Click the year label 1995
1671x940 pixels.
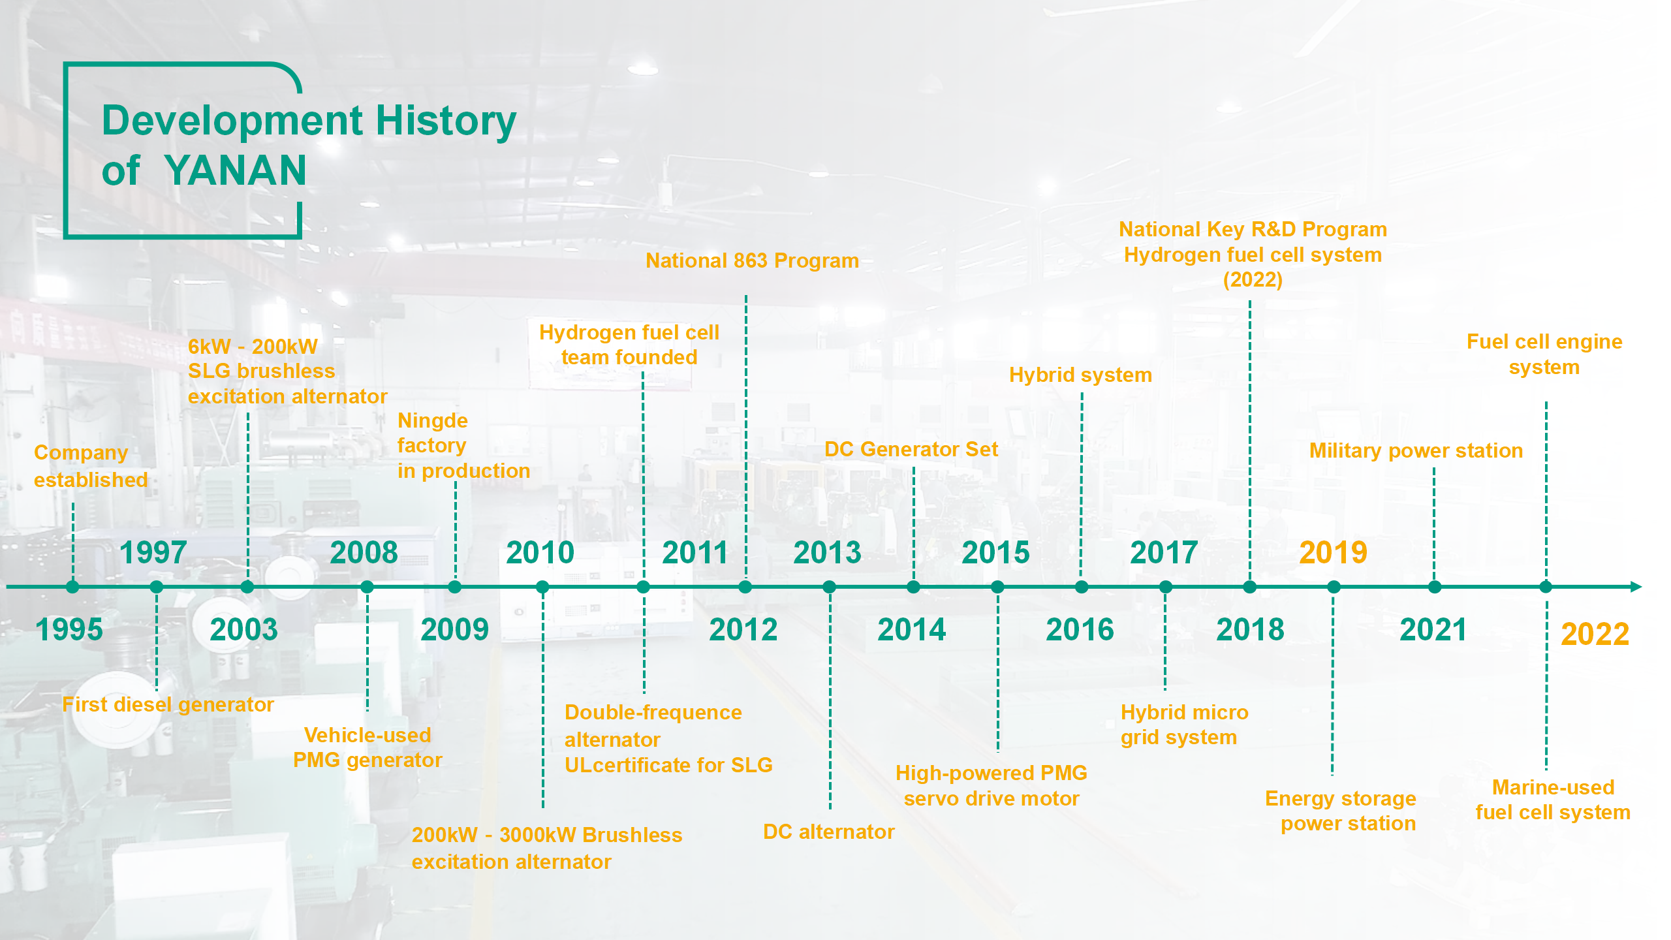coord(69,630)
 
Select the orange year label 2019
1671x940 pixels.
coord(1333,553)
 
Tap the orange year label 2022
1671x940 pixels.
coord(1595,634)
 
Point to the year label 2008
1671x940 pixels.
coord(364,553)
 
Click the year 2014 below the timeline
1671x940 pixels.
coord(911,630)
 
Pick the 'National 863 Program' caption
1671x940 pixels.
coord(752,260)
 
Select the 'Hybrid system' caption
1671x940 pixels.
coord(1080,375)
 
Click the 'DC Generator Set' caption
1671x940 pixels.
coord(911,449)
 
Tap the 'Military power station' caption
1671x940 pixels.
coord(1416,450)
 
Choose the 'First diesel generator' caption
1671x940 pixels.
coord(168,704)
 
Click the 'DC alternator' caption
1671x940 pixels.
coord(829,832)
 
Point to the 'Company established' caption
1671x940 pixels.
coord(91,466)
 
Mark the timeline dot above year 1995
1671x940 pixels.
coord(72,587)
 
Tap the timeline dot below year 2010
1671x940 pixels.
coord(542,587)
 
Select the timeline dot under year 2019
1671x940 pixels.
coord(1334,587)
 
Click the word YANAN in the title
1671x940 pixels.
coord(235,170)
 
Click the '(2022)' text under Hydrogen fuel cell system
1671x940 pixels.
coord(1253,279)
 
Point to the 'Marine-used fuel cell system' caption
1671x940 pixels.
coord(1553,800)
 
